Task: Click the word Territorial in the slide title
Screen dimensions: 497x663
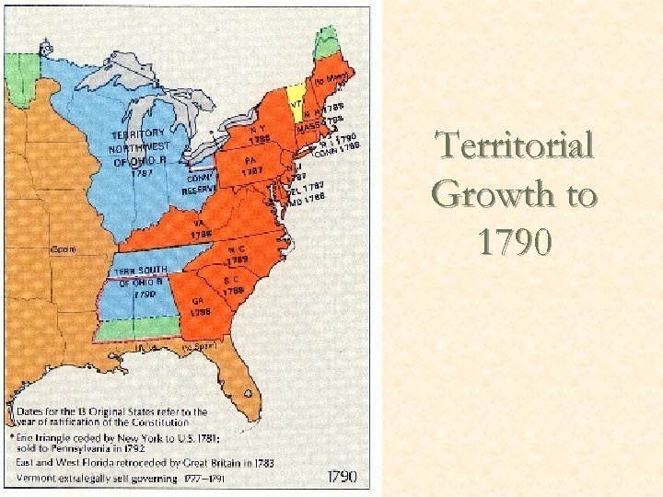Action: coord(515,147)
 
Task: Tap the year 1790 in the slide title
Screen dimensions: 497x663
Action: coord(515,243)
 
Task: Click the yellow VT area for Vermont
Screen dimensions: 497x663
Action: coord(297,94)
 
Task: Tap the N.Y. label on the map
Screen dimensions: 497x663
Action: coord(257,129)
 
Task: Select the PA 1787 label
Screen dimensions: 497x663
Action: coord(251,165)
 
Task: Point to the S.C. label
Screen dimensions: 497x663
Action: coord(232,279)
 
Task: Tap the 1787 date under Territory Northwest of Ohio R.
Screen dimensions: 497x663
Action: coord(141,171)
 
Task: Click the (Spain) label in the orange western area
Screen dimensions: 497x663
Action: coord(64,248)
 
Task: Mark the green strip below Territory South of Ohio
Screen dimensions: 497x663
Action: coord(138,328)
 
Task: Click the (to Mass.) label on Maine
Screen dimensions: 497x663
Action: coord(329,82)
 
